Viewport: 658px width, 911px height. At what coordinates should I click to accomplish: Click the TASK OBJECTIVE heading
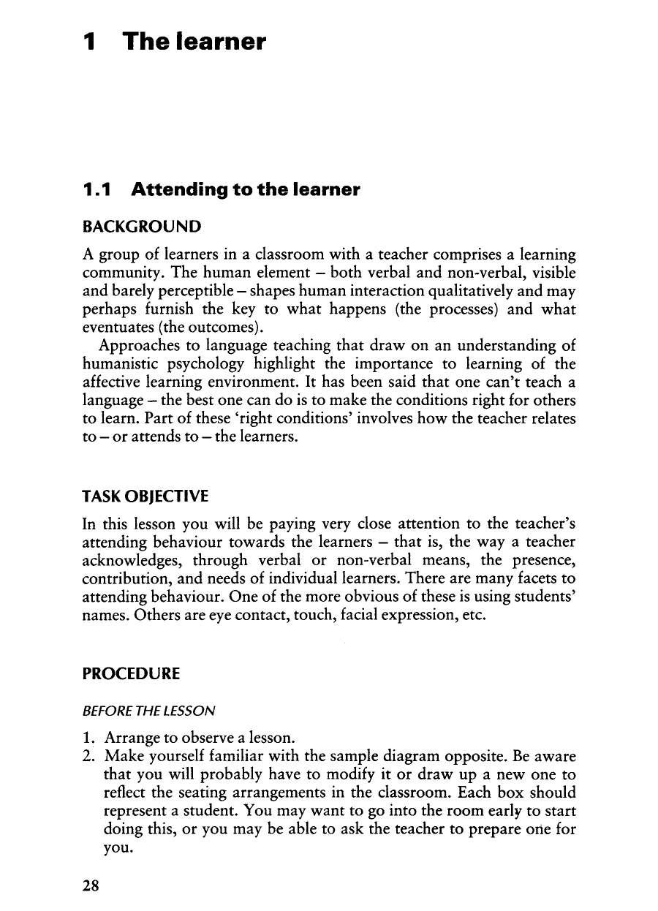click(145, 496)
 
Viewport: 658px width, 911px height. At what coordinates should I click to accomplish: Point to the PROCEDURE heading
click(131, 673)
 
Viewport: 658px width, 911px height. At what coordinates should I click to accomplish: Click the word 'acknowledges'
click(128, 559)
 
